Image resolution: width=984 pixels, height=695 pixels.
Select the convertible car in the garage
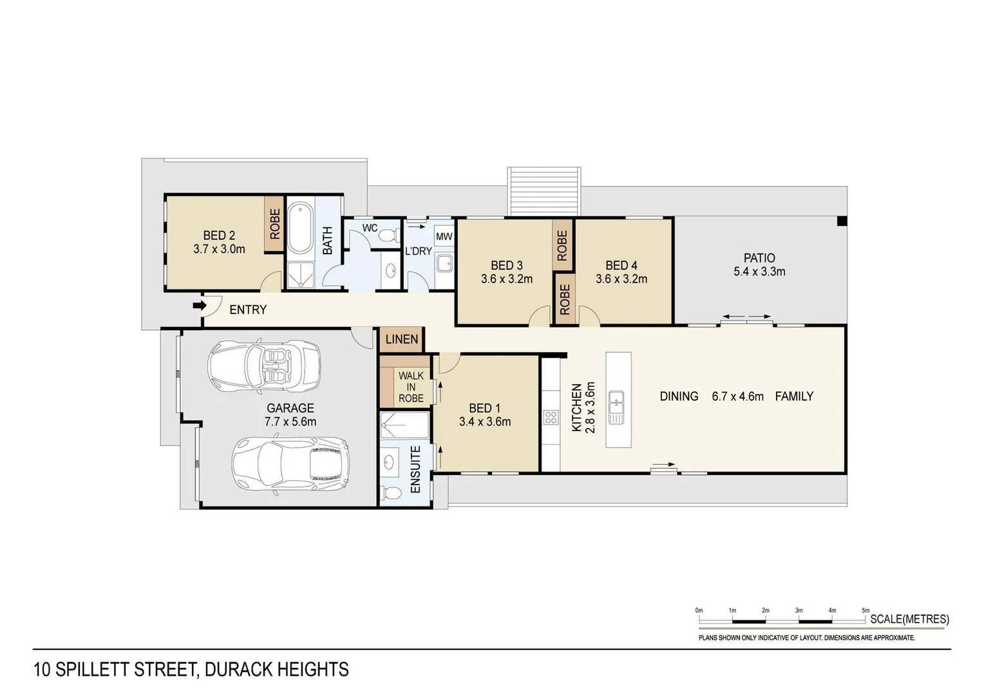pyautogui.click(x=264, y=366)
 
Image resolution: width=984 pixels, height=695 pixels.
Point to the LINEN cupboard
pyautogui.click(x=402, y=339)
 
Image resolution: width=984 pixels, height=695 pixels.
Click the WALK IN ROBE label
pyautogui.click(x=411, y=387)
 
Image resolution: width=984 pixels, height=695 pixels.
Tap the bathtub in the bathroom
pyautogui.click(x=299, y=228)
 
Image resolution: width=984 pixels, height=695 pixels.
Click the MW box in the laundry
pyautogui.click(x=444, y=237)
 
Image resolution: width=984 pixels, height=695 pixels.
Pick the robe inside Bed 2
pyautogui.click(x=274, y=223)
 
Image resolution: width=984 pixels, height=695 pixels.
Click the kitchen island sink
pyautogui.click(x=616, y=407)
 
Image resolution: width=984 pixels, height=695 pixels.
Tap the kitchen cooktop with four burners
pyautogui.click(x=551, y=417)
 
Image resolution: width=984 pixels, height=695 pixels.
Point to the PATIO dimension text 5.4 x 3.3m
pyautogui.click(x=759, y=272)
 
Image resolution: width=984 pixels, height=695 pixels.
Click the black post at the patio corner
pyautogui.click(x=841, y=221)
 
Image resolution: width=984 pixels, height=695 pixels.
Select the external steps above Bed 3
pyautogui.click(x=544, y=191)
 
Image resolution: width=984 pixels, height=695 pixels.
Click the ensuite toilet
pyautogui.click(x=388, y=493)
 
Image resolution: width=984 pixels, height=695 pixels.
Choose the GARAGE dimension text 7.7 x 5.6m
pyautogui.click(x=290, y=422)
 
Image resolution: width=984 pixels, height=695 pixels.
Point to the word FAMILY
pyautogui.click(x=794, y=396)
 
